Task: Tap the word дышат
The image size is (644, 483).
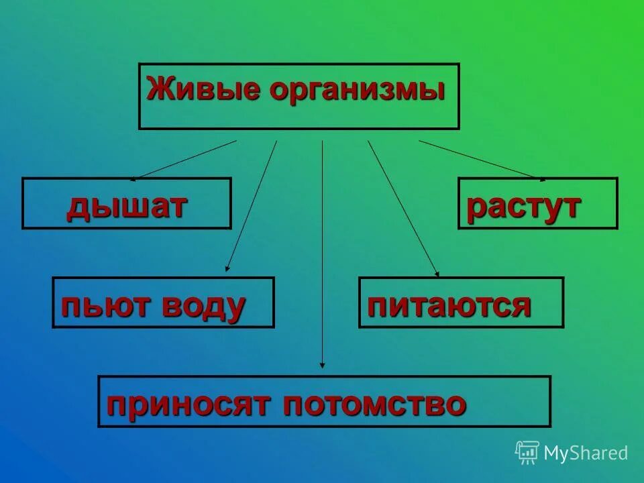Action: pos(125,207)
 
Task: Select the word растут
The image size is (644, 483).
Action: pos(523,207)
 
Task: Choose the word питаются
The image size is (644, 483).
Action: pos(449,306)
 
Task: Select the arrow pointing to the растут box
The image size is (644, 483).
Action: pos(482,160)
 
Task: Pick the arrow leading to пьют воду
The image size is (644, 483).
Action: pos(252,205)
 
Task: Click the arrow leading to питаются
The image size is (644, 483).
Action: pos(402,208)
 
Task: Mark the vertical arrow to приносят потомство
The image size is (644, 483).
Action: pos(323,255)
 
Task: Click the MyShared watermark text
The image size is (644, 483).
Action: pos(586,453)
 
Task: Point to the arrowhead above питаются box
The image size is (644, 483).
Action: pos(437,274)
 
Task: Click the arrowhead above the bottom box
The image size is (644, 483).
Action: pos(323,365)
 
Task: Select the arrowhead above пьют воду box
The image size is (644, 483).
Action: pos(227,268)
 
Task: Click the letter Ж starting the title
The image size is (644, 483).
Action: pos(157,90)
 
